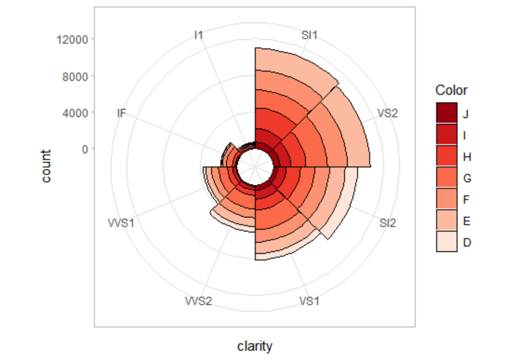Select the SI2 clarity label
point(387,223)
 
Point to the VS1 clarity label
point(309,301)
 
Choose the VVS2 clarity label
point(199,301)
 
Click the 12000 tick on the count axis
point(72,40)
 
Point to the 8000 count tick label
point(75,76)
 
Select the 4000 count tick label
point(75,112)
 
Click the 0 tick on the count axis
point(84,149)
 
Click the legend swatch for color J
point(446,113)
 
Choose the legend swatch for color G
point(446,177)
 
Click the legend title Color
point(452,90)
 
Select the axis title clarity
point(254,346)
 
